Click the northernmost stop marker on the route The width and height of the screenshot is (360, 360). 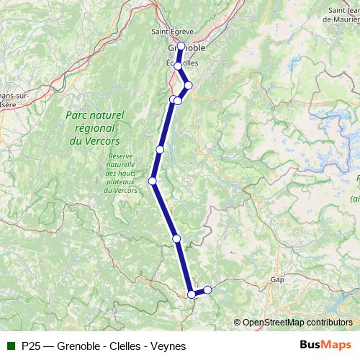pos(181,47)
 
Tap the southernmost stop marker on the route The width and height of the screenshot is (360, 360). pos(192,294)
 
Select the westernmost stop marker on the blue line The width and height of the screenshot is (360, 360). pos(153,181)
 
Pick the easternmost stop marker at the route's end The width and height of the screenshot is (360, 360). pos(207,289)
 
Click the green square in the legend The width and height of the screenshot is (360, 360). pos(11,346)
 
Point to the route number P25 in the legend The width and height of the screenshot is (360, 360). pos(31,346)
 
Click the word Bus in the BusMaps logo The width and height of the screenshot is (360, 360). pos(311,345)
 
